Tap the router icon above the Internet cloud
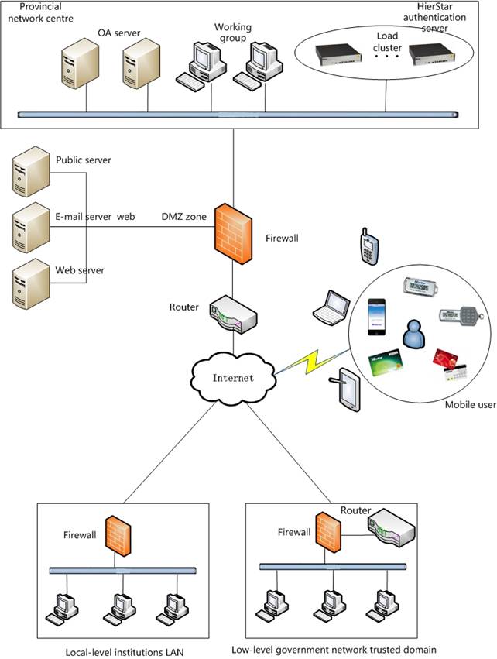click(232, 310)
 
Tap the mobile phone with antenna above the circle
click(368, 246)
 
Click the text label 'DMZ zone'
click(183, 217)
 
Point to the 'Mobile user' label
click(470, 405)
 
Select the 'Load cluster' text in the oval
click(388, 42)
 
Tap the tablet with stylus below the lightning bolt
click(345, 391)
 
